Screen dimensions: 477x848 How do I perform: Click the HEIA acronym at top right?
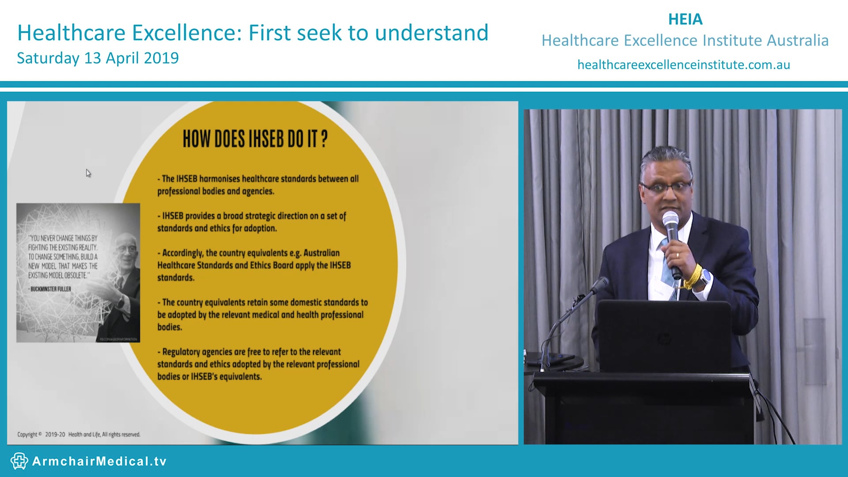(x=685, y=19)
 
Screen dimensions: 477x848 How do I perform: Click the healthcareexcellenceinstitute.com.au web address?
(x=683, y=65)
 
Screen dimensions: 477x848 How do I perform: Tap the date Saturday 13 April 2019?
(x=98, y=58)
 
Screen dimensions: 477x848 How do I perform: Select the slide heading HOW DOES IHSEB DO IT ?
(x=255, y=139)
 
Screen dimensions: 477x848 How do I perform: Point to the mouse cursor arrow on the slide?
(x=88, y=173)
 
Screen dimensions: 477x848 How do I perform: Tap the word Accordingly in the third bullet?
(x=182, y=253)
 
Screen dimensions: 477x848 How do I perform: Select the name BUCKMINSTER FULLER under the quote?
(x=50, y=289)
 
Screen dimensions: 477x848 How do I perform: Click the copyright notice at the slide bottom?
(x=79, y=435)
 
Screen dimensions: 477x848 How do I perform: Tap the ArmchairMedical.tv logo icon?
(x=19, y=461)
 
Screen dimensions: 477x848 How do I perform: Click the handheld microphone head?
(x=670, y=220)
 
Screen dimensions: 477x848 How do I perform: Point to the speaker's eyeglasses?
(x=667, y=187)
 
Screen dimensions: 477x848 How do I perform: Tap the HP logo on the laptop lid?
(x=663, y=339)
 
